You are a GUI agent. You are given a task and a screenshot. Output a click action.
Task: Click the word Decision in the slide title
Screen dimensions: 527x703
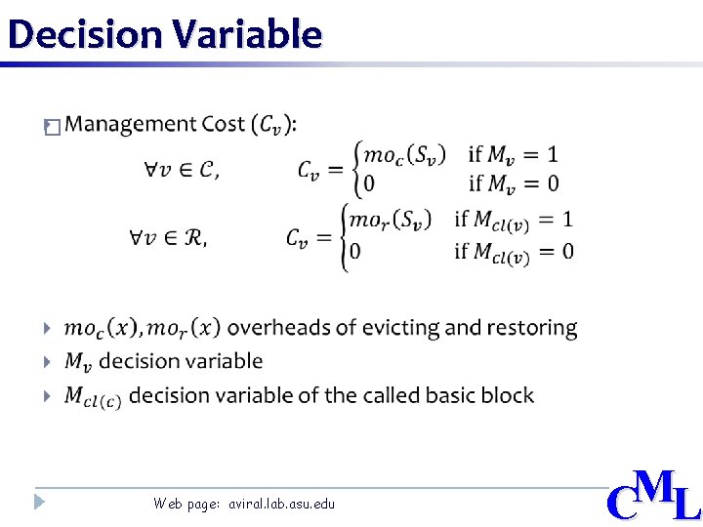(x=84, y=34)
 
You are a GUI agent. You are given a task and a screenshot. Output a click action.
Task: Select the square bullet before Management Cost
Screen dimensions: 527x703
(x=52, y=127)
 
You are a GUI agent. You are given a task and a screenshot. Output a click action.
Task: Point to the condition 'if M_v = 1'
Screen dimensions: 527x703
(x=514, y=154)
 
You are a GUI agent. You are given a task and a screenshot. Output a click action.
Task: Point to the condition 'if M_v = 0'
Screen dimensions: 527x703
(x=514, y=183)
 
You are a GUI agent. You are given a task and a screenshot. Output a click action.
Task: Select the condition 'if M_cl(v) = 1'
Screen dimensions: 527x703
(x=514, y=221)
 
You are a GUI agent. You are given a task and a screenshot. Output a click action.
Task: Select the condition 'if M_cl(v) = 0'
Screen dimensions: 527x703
(x=514, y=253)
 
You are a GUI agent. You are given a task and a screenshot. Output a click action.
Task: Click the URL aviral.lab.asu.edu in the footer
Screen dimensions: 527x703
(x=281, y=504)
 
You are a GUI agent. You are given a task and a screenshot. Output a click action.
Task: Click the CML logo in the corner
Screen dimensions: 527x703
(x=653, y=497)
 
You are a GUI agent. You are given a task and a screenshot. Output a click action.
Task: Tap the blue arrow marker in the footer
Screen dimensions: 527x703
(x=38, y=503)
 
